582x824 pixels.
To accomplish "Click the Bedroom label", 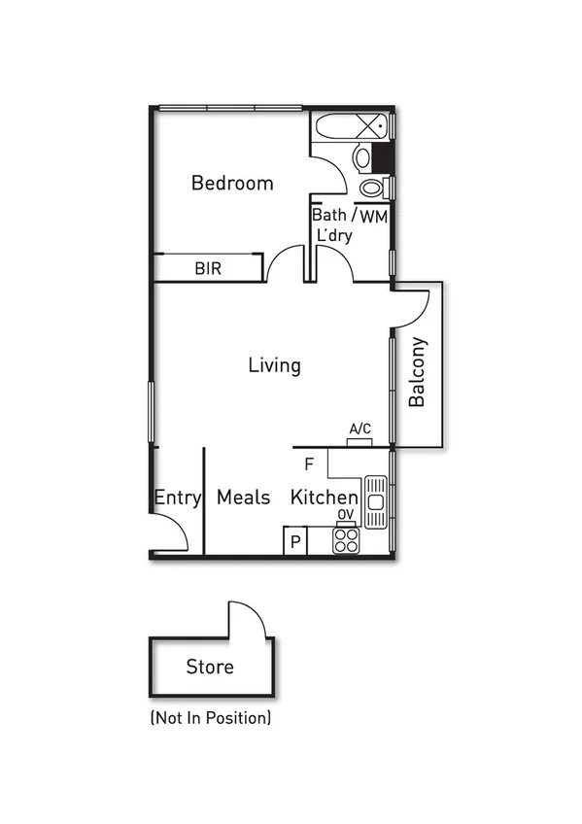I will (232, 183).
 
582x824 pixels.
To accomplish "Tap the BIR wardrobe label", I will (208, 268).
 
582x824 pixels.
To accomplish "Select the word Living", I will (274, 365).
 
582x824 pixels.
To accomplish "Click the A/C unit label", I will (360, 429).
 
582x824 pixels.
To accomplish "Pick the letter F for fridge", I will (309, 463).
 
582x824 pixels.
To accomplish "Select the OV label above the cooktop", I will (345, 516).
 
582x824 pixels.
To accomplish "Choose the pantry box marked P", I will (294, 541).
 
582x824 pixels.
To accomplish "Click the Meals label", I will (243, 498).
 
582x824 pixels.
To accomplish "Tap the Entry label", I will (178, 498).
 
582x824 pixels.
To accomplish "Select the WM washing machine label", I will (374, 216).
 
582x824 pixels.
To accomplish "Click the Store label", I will (210, 668).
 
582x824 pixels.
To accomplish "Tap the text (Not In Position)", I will (210, 719).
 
